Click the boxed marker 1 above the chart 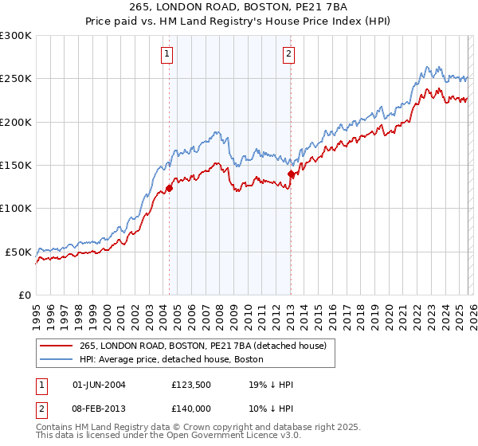pos(167,54)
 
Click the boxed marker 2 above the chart pos(288,54)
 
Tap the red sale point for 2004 pos(169,188)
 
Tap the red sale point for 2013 pos(291,174)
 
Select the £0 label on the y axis pos(25,295)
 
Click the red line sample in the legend pos(56,346)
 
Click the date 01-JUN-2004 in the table pos(99,384)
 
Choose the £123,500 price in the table pos(190,384)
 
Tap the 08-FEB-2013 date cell pos(99,407)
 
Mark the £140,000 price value pos(190,407)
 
